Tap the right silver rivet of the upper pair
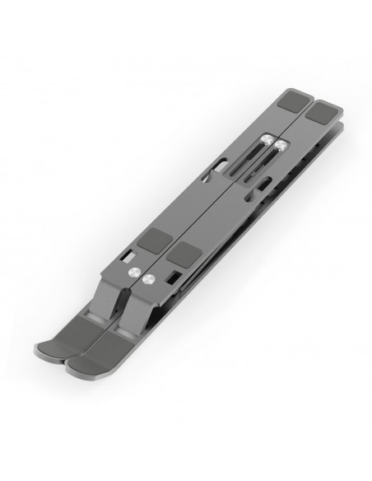282,145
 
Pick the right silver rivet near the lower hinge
149,280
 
